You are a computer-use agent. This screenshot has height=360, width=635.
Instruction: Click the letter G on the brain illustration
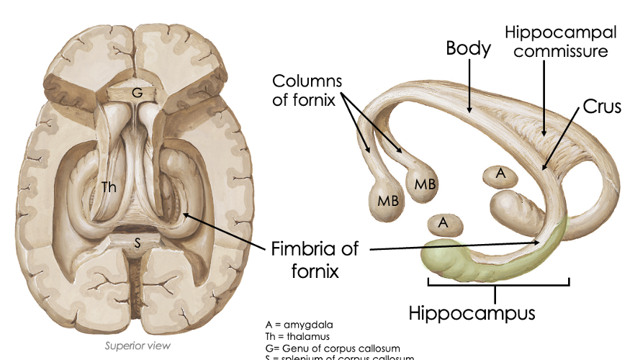tap(138, 93)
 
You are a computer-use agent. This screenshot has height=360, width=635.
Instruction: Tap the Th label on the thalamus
tap(109, 188)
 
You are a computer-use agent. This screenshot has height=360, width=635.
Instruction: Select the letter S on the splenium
tap(138, 243)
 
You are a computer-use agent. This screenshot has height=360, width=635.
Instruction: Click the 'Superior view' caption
tap(138, 346)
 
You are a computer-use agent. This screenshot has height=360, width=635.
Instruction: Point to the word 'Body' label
tap(468, 49)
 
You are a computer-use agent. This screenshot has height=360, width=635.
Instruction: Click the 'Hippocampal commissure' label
tap(561, 42)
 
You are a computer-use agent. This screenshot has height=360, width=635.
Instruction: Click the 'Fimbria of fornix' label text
tap(315, 260)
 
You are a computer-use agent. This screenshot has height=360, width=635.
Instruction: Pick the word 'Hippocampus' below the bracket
tap(472, 313)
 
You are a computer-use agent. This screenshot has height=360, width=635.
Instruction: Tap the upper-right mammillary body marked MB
tap(425, 184)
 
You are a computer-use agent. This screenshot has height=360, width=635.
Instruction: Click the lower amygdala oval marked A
tap(443, 224)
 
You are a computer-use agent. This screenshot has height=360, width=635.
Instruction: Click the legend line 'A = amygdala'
tap(299, 325)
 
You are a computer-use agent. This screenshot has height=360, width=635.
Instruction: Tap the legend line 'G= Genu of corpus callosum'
tap(332, 348)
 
